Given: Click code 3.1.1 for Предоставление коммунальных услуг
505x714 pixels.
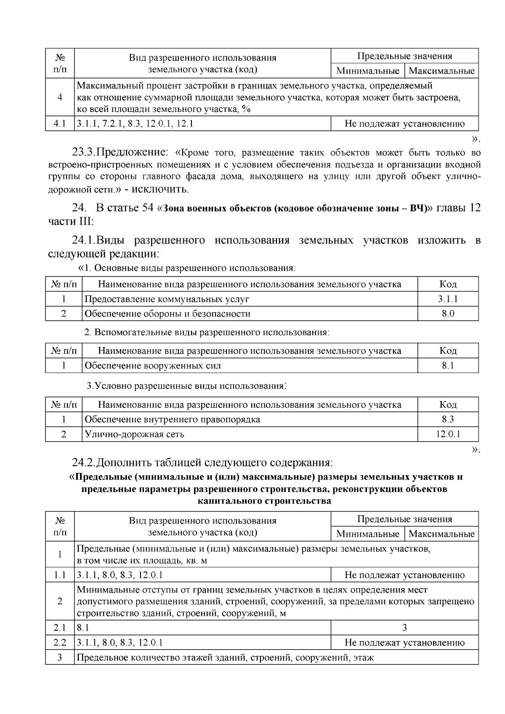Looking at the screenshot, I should pos(448,299).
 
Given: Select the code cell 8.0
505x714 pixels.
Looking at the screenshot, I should pos(448,314).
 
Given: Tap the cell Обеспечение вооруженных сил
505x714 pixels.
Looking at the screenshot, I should pos(153,366).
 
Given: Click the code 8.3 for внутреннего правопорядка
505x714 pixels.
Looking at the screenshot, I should pos(448,419).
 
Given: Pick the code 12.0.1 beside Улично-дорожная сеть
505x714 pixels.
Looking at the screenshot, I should pos(448,434).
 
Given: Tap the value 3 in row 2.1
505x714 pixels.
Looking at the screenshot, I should pos(404,628).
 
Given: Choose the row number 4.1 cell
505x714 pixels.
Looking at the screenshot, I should pos(60,124).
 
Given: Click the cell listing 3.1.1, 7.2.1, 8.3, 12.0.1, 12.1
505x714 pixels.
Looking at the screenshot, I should pos(135,124).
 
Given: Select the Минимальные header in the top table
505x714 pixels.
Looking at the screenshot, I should pos(368,71).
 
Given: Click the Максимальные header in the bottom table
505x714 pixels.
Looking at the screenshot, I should pos(441,534).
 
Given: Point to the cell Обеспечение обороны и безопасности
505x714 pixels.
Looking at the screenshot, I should pos(167,314).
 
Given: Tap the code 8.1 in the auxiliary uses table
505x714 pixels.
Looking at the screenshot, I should pos(448,366).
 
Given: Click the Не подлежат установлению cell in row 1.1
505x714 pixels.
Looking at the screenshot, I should pos(404,575).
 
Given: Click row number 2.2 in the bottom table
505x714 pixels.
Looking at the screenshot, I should pos(60,642).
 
